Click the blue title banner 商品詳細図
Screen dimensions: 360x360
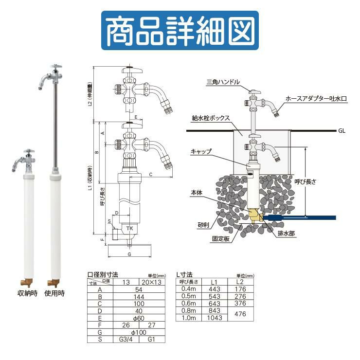180,30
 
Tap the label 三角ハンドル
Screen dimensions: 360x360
223,82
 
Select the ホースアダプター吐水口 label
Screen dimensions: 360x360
316,99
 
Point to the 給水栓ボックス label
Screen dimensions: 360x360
211,118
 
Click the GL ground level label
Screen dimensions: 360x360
342,131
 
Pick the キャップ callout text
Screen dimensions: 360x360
201,151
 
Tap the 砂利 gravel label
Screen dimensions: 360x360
203,225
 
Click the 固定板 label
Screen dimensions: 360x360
221,239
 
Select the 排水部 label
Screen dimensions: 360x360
286,234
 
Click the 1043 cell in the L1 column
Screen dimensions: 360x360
215,318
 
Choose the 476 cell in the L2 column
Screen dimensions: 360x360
240,314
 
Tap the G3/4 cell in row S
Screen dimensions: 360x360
126,340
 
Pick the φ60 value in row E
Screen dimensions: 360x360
139,318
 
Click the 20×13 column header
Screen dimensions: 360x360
151,282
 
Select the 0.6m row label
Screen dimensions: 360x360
188,303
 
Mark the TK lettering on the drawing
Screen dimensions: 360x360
129,228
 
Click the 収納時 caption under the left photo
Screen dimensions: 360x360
27,293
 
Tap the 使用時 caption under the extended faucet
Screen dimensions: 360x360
54,293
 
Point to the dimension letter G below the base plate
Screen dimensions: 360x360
129,254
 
